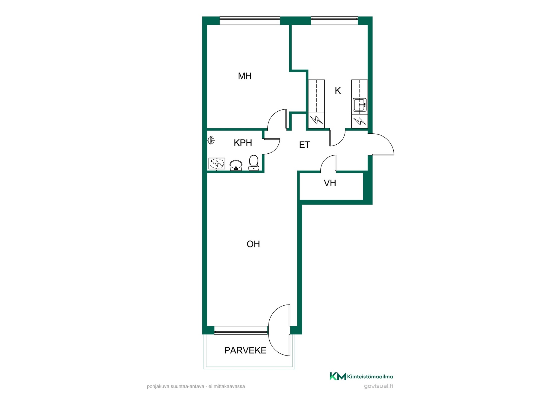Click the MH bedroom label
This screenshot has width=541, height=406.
pos(245,76)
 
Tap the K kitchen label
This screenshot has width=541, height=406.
pos(338,91)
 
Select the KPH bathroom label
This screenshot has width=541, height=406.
pos(243,143)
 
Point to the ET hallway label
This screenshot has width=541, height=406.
pos(304,145)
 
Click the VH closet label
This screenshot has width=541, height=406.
pos(330,183)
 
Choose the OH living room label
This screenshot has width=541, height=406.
pos(253,244)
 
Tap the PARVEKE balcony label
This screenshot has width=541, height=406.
pos(245,350)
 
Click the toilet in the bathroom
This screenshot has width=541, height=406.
pos(254,163)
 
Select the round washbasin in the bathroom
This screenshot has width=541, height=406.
pos(236,165)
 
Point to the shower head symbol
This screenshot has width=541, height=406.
pos(211,140)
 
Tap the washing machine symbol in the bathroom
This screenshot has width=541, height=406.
pos(217,164)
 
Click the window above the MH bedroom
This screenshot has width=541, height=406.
pos(250,21)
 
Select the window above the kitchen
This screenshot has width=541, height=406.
pos(334,21)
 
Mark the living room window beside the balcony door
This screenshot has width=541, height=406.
pos(241,330)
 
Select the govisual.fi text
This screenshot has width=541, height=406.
pos(378,386)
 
